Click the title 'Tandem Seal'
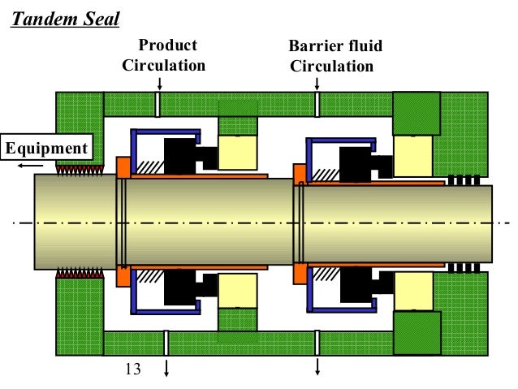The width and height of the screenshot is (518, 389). pyautogui.click(x=64, y=19)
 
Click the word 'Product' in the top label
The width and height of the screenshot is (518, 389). pyautogui.click(x=167, y=45)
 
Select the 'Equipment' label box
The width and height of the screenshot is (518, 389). pyautogui.click(x=46, y=148)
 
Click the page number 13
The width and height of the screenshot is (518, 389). pyautogui.click(x=132, y=369)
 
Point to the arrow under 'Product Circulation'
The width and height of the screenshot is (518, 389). pyautogui.click(x=159, y=83)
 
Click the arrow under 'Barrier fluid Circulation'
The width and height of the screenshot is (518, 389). pyautogui.click(x=317, y=83)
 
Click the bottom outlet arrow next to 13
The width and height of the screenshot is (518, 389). pyautogui.click(x=166, y=367)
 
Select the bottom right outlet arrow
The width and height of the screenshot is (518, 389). pyautogui.click(x=317, y=367)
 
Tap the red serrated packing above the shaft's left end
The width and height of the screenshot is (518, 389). pyautogui.click(x=77, y=169)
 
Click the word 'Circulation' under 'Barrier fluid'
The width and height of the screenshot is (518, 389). pyautogui.click(x=333, y=66)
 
